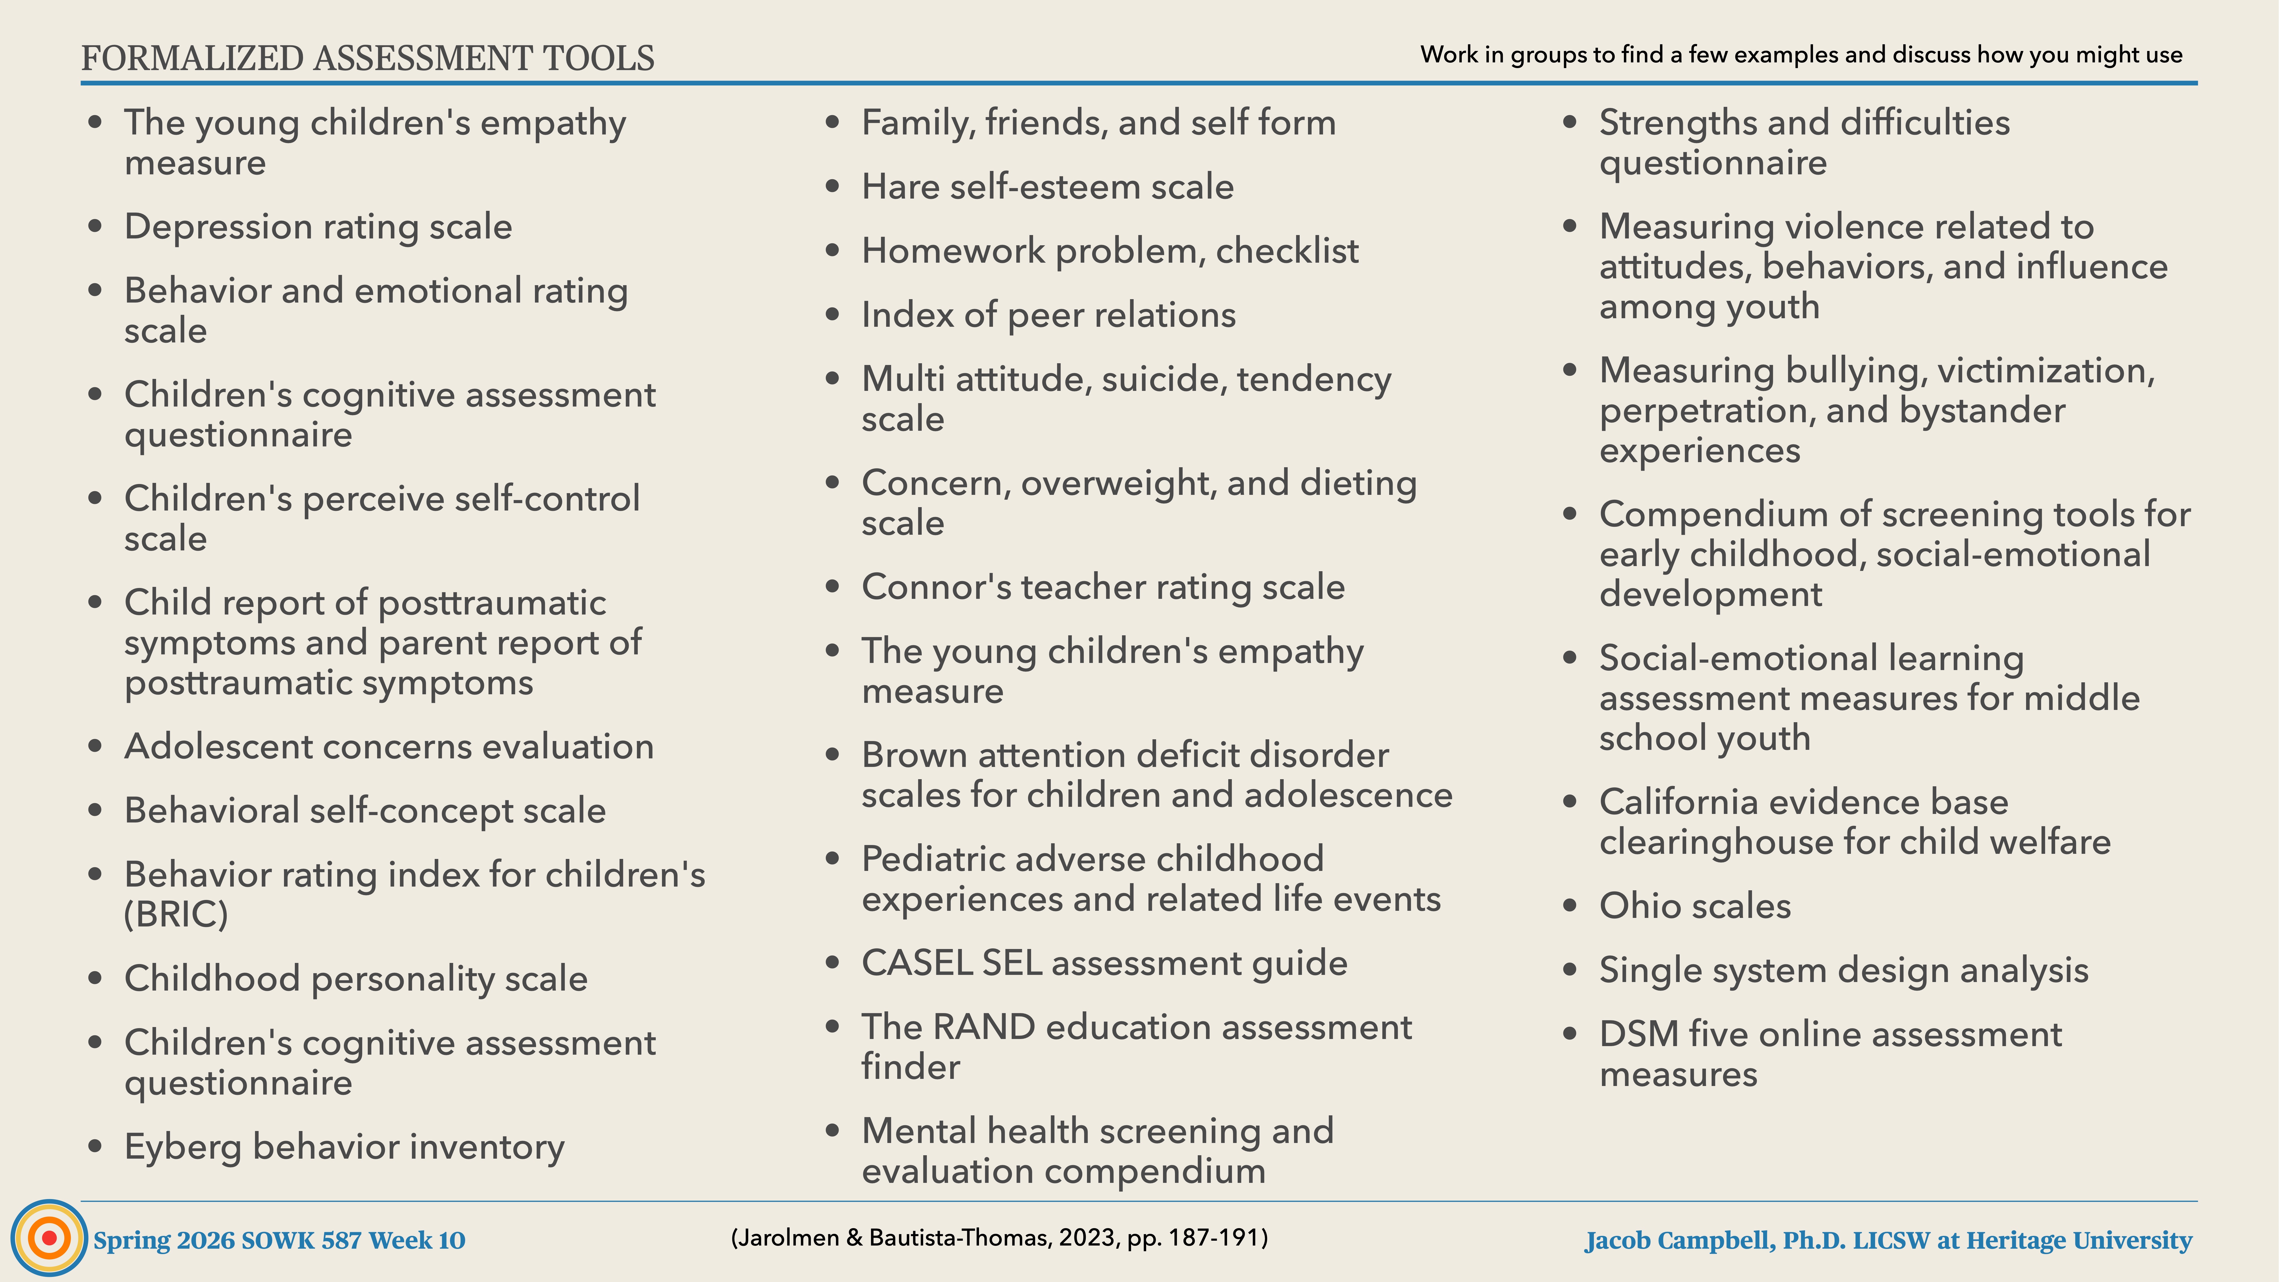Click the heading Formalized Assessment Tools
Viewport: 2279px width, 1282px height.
[367, 58]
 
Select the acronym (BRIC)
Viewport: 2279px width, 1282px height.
[176, 914]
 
